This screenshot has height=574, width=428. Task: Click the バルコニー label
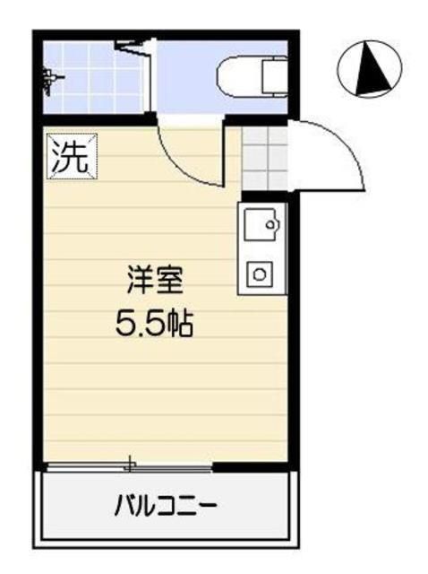click(165, 507)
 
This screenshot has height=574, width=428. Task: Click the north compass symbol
click(369, 71)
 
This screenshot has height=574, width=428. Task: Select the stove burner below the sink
click(260, 273)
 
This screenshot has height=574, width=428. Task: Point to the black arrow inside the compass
click(367, 72)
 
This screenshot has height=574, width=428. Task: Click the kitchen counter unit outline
click(261, 248)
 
